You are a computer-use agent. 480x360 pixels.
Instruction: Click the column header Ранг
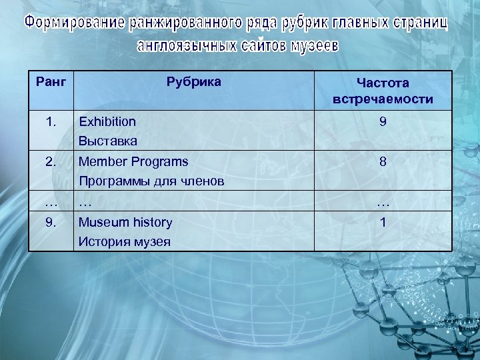tap(51, 82)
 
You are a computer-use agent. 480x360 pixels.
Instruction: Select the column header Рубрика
tap(193, 82)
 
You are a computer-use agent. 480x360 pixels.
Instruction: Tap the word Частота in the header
tap(383, 83)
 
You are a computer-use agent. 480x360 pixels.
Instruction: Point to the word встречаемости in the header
tap(383, 100)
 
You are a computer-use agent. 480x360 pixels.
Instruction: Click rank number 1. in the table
tap(51, 121)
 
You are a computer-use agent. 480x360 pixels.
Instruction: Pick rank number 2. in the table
tap(51, 161)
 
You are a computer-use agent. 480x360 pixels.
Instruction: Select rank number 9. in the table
tap(51, 222)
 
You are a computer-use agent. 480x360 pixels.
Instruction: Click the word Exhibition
tap(107, 121)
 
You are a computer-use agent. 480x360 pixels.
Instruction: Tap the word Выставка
tap(108, 141)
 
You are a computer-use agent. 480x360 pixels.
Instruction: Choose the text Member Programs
tap(133, 161)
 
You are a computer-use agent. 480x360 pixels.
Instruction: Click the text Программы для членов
tap(151, 181)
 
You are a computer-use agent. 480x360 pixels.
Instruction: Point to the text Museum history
tap(125, 222)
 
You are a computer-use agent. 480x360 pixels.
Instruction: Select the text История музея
tap(124, 242)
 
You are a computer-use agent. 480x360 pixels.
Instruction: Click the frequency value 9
tap(383, 122)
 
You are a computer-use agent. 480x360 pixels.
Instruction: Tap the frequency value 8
tap(383, 162)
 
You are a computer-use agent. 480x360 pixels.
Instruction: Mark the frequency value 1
tap(383, 223)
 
